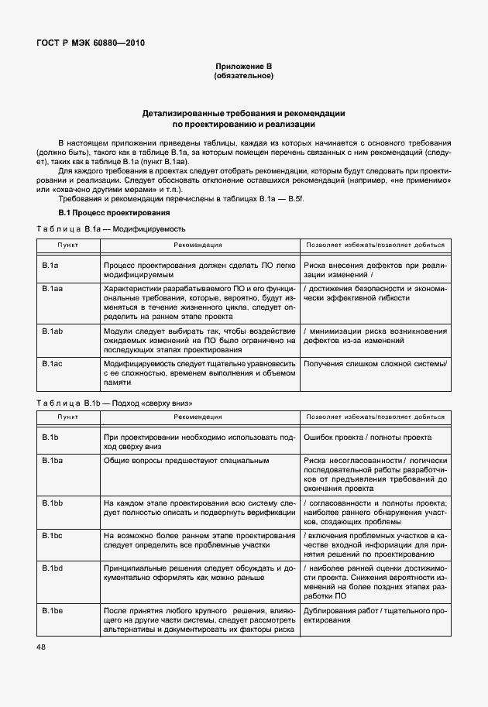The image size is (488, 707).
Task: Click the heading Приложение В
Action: pyautogui.click(x=243, y=68)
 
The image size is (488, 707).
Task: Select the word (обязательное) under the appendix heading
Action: pyautogui.click(x=243, y=77)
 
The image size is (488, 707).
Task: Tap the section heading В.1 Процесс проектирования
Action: pyautogui.click(x=115, y=212)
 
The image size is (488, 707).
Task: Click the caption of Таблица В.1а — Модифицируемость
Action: pyautogui.click(x=112, y=228)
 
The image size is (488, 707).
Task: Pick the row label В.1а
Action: pyautogui.click(x=50, y=266)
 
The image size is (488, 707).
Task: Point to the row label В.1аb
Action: pyautogui.click(x=52, y=331)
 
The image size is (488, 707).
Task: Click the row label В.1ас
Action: pyautogui.click(x=52, y=363)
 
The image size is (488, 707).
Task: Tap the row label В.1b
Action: pyautogui.click(x=50, y=438)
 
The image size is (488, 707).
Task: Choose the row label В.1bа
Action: pyautogui.click(x=52, y=461)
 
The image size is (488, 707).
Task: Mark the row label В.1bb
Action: pyautogui.click(x=52, y=503)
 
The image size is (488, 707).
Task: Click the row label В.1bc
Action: pyautogui.click(x=52, y=535)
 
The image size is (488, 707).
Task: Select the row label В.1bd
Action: pyautogui.click(x=52, y=568)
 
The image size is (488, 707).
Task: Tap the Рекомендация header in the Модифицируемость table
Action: pyautogui.click(x=198, y=245)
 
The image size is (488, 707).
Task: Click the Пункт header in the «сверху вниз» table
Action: pyautogui.click(x=68, y=417)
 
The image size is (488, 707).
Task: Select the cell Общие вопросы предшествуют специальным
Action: pyautogui.click(x=187, y=461)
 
